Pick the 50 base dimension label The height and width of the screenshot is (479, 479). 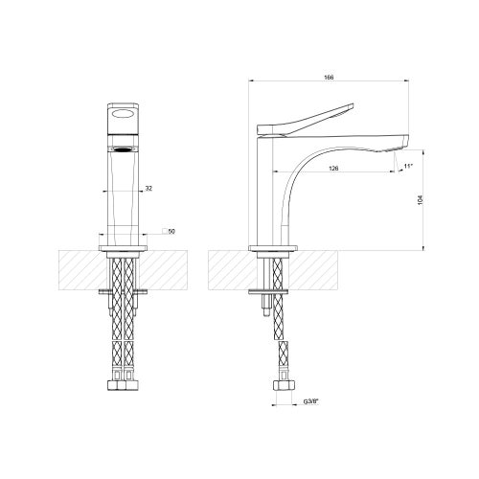click(170, 232)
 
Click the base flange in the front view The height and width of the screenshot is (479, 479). click(124, 248)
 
